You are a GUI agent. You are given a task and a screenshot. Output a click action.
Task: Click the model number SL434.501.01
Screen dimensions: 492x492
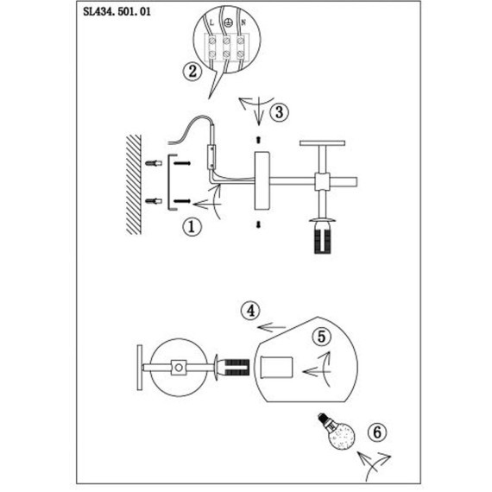(117, 11)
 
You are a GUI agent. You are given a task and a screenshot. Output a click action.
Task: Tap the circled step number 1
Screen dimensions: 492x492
(192, 226)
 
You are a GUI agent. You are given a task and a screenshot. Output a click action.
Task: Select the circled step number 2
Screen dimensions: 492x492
(192, 72)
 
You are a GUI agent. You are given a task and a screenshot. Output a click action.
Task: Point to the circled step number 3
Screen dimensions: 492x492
(279, 112)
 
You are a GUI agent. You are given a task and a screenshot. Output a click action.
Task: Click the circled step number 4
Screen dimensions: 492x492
(250, 311)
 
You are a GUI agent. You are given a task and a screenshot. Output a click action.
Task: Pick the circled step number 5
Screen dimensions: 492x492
(322, 337)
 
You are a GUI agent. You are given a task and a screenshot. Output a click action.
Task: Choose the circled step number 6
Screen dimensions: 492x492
(377, 432)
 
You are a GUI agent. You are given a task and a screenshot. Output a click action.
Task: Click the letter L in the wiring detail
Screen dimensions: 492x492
(211, 22)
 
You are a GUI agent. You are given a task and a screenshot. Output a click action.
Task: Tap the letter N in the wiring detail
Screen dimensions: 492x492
(243, 22)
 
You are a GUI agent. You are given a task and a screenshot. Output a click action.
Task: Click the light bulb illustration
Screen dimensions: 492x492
(337, 431)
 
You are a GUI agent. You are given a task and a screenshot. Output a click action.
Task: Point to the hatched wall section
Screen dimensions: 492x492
(134, 185)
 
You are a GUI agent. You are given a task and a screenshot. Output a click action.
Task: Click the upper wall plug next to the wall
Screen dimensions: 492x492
(154, 163)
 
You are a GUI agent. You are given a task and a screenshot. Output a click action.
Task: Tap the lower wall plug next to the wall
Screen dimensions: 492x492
(154, 201)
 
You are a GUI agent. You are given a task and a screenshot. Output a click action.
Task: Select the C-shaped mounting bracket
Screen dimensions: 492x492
(169, 182)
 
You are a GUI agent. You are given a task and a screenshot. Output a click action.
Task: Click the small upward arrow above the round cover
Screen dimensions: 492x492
(258, 140)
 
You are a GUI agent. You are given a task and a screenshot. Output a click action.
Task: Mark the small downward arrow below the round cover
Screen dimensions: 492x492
(258, 224)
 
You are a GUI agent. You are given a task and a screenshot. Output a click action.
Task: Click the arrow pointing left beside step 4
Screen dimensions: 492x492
(271, 328)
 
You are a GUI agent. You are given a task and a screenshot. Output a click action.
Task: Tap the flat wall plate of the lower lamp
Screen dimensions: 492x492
(140, 368)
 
